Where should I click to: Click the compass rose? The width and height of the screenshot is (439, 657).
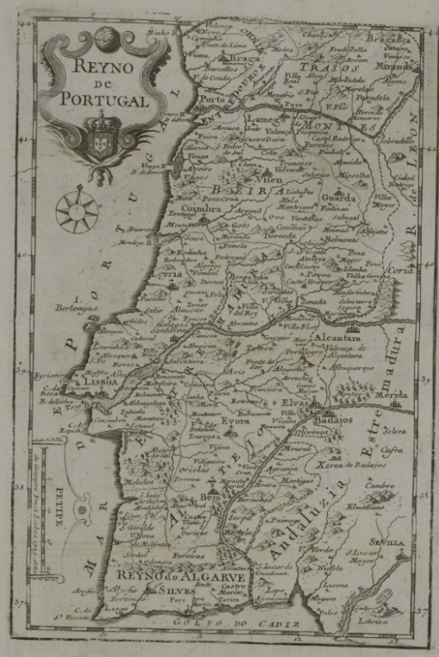click(76, 210)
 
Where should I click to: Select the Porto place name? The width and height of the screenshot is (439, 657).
click(211, 99)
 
